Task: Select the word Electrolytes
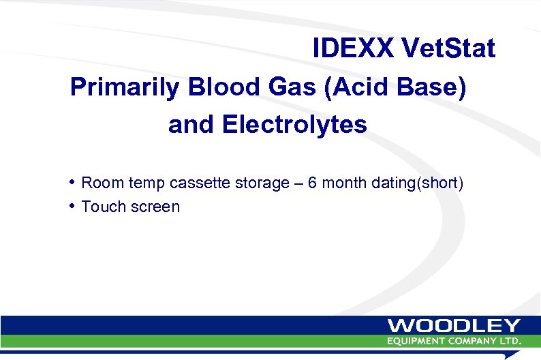click(294, 125)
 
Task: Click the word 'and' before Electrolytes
click(191, 125)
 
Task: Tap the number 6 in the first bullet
click(312, 183)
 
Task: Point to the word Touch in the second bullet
click(101, 207)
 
